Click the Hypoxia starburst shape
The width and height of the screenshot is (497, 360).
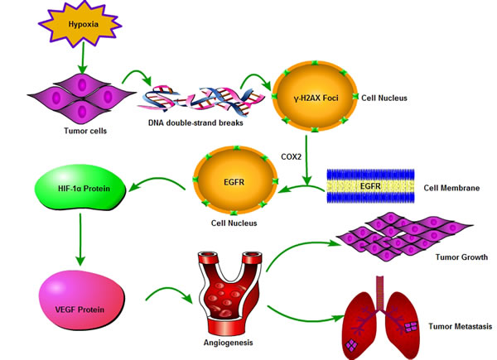[x=80, y=24]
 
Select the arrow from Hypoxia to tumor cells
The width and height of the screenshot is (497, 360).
[x=83, y=58]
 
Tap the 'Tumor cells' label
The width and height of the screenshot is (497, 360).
[x=85, y=131]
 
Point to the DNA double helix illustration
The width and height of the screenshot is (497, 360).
[x=201, y=98]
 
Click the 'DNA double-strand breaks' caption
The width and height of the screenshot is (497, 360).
[x=195, y=122]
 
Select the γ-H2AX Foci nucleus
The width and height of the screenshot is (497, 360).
[x=315, y=97]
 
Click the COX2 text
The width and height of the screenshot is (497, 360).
[x=291, y=156]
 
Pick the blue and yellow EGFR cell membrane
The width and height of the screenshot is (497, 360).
[x=370, y=186]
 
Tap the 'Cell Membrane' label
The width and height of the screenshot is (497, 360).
[x=451, y=188]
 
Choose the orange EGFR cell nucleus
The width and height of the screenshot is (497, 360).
[x=235, y=180]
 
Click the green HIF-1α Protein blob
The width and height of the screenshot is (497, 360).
[x=80, y=187]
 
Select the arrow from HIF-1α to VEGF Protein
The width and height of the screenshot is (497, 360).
[x=80, y=239]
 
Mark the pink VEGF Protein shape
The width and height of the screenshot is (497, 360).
[x=82, y=300]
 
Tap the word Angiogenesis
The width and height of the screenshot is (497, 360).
[x=229, y=343]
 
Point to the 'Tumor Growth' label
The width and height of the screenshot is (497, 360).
[x=461, y=257]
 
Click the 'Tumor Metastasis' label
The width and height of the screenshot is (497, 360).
[x=461, y=326]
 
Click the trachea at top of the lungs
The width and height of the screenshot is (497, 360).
[x=379, y=292]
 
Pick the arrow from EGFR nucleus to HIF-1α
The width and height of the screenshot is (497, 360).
[x=157, y=181]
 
